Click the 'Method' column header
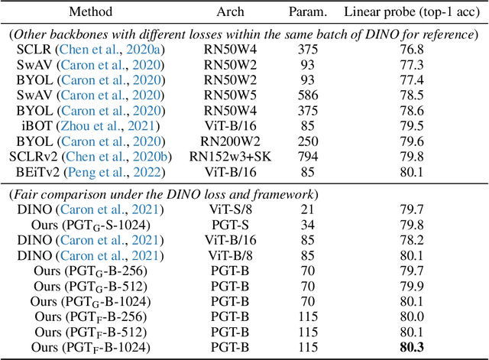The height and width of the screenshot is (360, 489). [x=90, y=12]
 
